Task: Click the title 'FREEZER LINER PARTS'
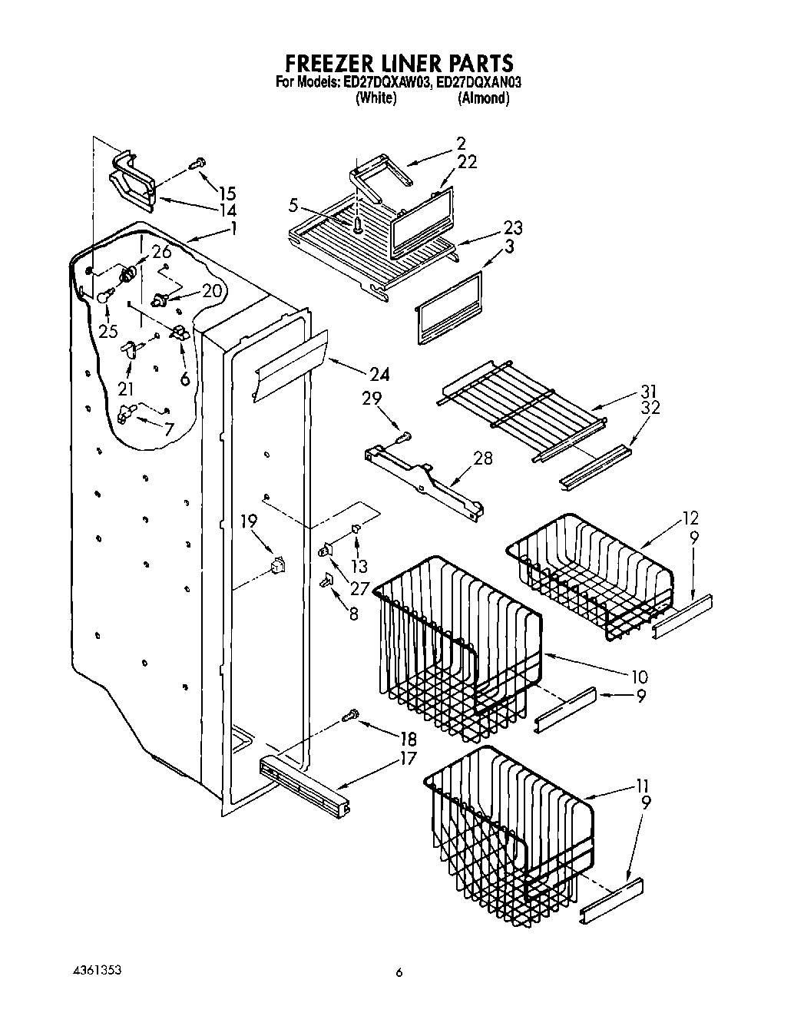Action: [x=399, y=61]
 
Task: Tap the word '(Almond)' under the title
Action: [x=483, y=98]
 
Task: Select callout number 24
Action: [x=379, y=375]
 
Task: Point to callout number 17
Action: [x=408, y=759]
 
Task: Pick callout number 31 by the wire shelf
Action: [x=649, y=391]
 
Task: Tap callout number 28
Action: [x=484, y=458]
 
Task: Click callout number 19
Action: [x=247, y=522]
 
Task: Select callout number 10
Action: [x=638, y=677]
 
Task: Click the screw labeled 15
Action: [x=198, y=163]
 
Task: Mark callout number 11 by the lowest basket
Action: [x=643, y=786]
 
